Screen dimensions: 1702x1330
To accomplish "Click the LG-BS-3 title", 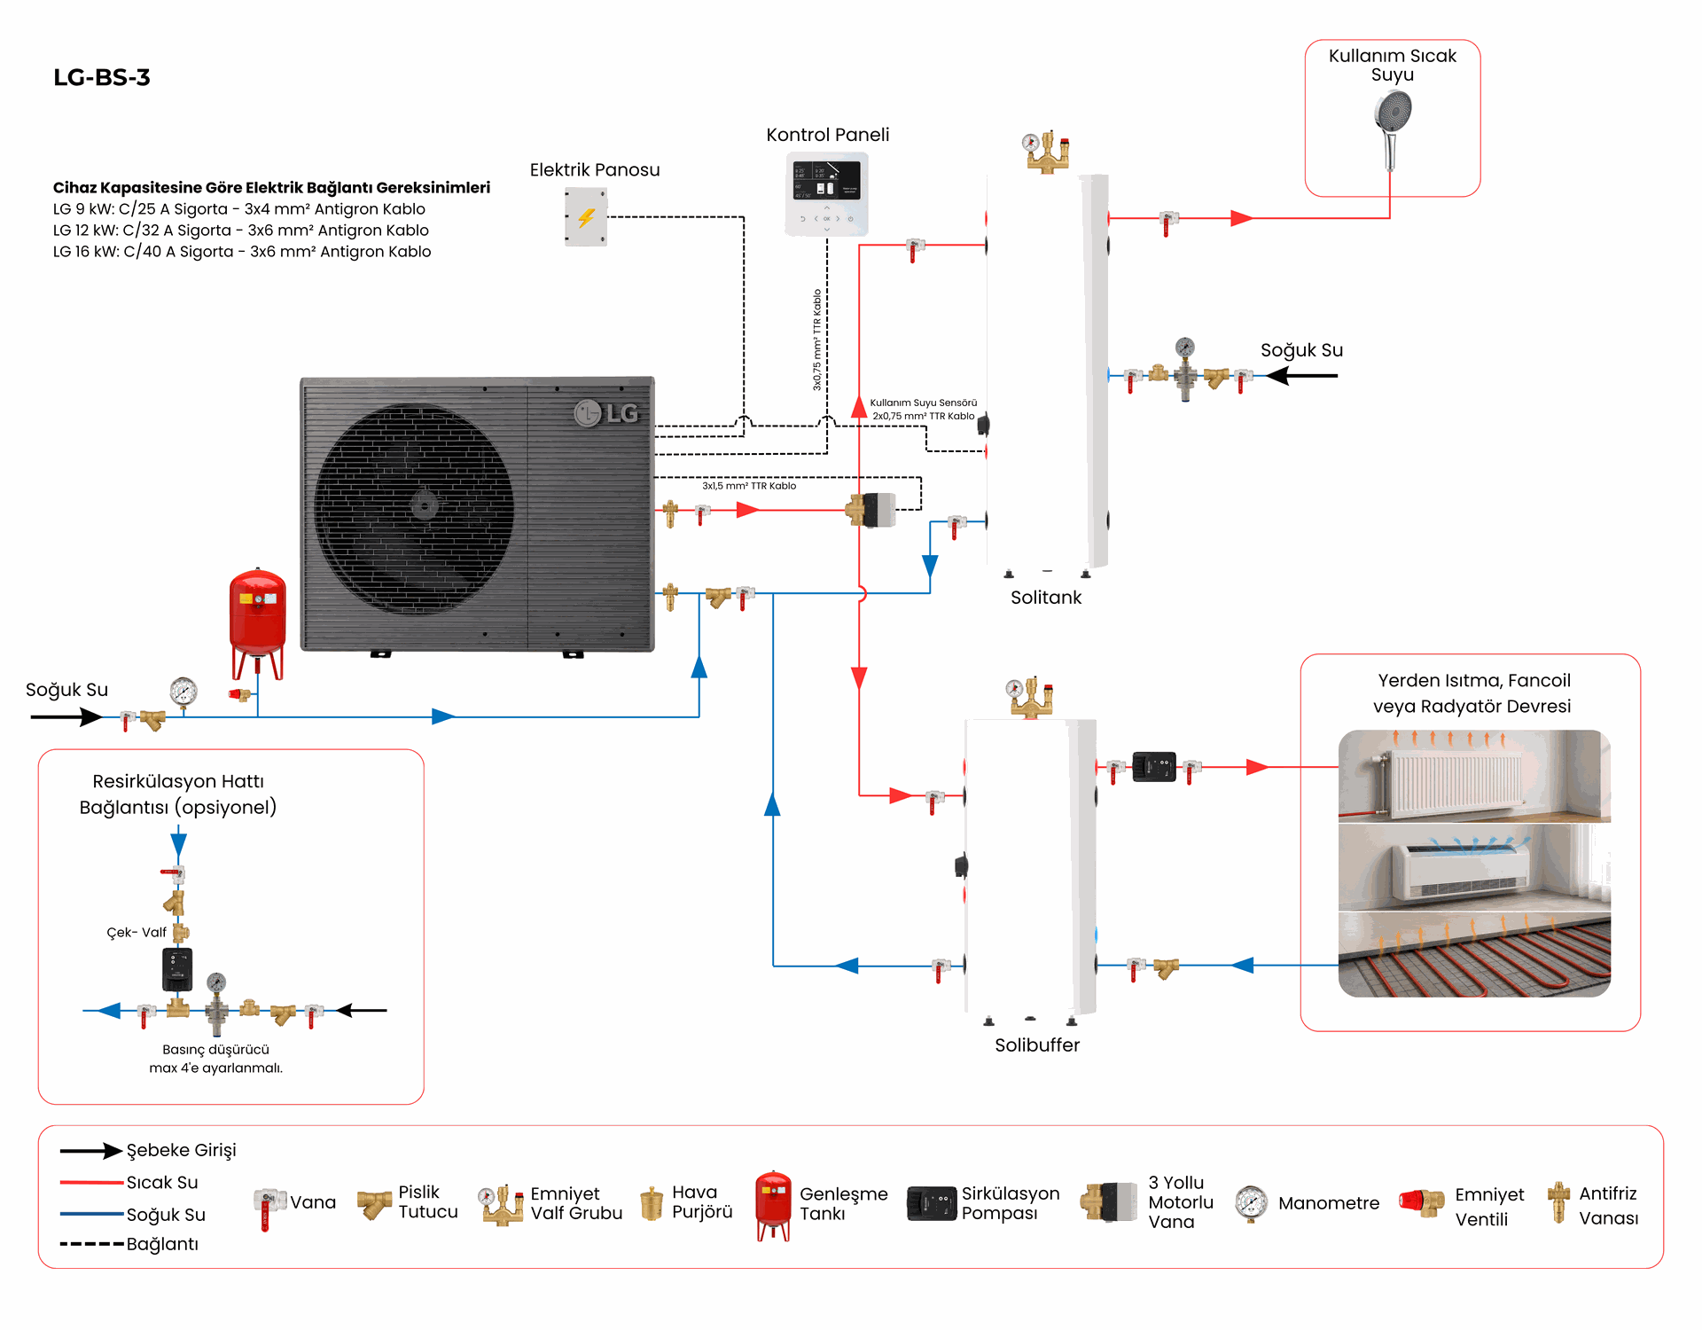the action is [102, 78].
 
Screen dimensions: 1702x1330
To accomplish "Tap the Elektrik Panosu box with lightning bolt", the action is [586, 216].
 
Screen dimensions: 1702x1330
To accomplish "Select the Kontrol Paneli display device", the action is [826, 193].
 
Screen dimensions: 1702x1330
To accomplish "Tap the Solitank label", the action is [1046, 598].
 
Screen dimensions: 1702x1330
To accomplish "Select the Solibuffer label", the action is [1037, 1045].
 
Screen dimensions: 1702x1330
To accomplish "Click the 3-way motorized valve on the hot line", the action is [871, 510].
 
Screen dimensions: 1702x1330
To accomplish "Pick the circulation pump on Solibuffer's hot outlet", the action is [1154, 767].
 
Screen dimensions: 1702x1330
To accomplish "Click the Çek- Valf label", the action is [137, 933].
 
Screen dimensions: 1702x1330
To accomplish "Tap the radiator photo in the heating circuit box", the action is [1474, 776].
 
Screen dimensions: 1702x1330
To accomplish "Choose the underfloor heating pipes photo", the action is [1474, 955].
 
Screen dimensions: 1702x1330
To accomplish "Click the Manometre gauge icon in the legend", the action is [1251, 1204].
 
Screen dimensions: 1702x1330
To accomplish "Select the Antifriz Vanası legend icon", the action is [1558, 1202].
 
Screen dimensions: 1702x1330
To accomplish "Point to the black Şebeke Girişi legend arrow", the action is [90, 1151].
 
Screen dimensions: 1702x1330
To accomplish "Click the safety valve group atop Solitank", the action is [1046, 152].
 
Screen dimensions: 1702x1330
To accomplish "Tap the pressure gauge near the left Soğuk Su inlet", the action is [183, 692].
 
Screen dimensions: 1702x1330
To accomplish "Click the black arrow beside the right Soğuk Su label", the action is [1301, 376].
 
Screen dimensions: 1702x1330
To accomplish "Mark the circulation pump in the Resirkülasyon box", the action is [177, 969].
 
